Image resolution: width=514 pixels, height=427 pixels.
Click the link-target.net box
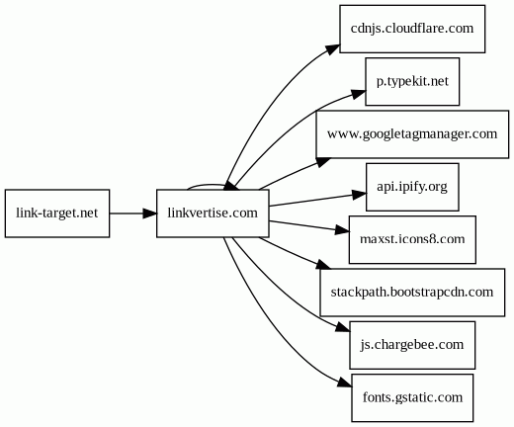[57, 213]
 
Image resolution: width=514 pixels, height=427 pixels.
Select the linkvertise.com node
[213, 213]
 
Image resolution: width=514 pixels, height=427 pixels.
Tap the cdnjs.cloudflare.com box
[412, 29]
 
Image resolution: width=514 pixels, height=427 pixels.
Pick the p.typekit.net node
[412, 81]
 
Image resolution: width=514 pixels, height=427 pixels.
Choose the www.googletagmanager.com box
[412, 134]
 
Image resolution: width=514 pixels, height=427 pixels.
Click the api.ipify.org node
[412, 187]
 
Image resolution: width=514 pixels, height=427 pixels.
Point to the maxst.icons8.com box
[412, 239]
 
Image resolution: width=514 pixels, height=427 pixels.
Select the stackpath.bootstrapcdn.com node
[412, 293]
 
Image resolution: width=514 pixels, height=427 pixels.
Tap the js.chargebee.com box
[412, 345]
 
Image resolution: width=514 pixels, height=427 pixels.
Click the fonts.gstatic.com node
[412, 397]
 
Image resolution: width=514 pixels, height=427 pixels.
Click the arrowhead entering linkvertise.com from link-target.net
[150, 213]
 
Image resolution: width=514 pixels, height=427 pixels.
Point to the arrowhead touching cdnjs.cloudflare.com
[333, 48]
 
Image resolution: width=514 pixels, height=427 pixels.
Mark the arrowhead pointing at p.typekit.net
[359, 94]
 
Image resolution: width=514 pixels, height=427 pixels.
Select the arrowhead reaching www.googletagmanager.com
[323, 162]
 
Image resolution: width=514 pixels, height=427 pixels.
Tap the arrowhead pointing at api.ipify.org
[359, 195]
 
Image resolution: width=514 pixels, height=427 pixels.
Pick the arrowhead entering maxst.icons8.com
[342, 230]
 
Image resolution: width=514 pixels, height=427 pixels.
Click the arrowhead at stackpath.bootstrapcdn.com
[323, 264]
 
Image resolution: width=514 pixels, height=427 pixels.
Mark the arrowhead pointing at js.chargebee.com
[343, 327]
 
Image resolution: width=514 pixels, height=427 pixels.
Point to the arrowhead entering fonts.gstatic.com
[345, 383]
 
